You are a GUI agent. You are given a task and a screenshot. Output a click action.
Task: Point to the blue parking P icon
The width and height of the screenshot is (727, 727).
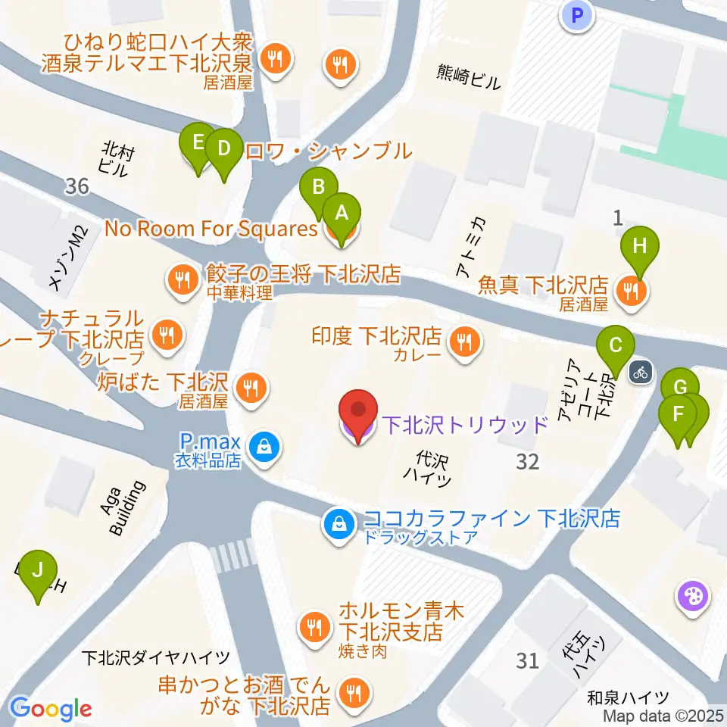(577, 14)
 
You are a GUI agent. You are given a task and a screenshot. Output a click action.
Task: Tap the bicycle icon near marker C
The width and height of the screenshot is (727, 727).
(641, 372)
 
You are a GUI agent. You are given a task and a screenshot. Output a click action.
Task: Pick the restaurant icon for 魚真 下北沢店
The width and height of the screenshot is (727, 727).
(631, 289)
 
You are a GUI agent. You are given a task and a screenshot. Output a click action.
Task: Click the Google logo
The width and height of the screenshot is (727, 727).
(51, 709)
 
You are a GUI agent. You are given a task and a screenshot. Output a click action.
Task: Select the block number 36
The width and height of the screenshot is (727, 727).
(77, 186)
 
